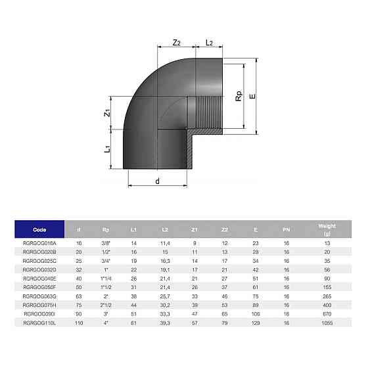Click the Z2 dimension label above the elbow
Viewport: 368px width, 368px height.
pos(176,43)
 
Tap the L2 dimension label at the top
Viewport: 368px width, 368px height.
pos(209,43)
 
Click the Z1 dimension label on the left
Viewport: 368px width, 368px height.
pos(107,113)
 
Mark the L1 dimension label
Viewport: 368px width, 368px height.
pos(107,149)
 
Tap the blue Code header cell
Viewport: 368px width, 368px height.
pos(39,229)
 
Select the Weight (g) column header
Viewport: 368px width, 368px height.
pos(327,229)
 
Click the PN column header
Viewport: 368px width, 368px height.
pos(286,229)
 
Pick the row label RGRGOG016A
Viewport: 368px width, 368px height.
pos(39,243)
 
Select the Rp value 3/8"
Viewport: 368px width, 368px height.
pos(106,243)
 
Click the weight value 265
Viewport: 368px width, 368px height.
pos(327,296)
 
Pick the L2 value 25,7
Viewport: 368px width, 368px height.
pos(166,296)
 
